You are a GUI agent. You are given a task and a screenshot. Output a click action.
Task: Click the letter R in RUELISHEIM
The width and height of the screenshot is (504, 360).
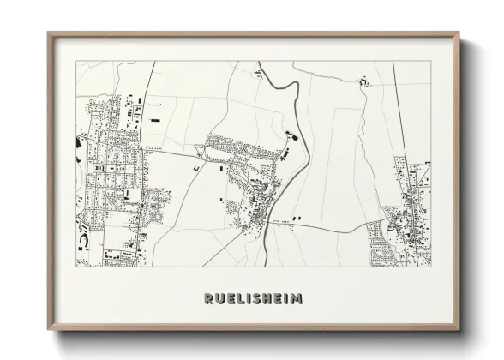coord(208,299)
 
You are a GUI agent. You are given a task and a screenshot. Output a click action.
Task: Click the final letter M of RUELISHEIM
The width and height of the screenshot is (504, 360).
coord(296,299)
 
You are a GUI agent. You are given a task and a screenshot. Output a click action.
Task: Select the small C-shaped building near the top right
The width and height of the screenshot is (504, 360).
coord(363,82)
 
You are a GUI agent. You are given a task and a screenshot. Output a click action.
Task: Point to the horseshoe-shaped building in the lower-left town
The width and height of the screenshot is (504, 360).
coord(82,242)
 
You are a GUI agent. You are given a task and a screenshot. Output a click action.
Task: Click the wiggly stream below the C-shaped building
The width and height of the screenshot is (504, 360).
coord(364,129)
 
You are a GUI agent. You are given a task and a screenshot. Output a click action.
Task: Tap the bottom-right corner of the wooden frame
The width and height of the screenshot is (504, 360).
coord(459,329)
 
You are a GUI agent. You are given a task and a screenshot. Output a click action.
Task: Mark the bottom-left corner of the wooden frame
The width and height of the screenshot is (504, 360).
coord(49,329)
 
